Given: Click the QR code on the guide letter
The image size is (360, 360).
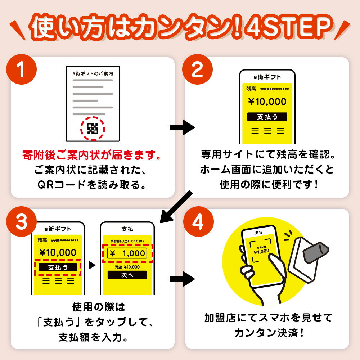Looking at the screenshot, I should pos(93,128).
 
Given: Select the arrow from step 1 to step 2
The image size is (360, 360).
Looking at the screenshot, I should pos(182,127).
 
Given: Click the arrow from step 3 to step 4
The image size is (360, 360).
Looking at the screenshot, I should pos(182,279).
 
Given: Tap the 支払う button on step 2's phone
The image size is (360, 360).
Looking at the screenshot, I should pos(267,117).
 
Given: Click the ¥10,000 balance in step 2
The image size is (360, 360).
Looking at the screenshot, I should pos(267,102).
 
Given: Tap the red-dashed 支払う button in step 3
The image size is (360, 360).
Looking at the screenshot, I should pos(58,267).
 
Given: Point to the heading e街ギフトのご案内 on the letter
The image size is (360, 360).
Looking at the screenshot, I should pos(93,73).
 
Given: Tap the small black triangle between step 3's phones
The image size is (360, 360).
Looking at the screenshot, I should pos(92,266).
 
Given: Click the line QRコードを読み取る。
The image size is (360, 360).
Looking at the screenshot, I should pos(92,185).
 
